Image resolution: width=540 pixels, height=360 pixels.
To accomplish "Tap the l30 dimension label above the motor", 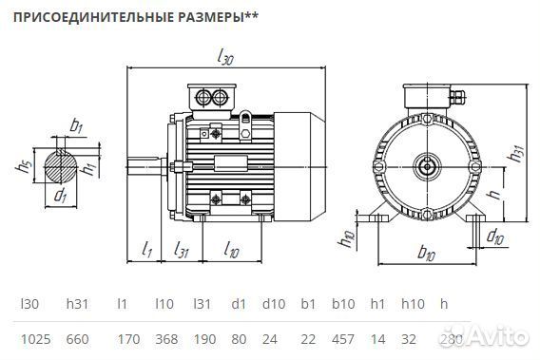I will click(x=225, y=58).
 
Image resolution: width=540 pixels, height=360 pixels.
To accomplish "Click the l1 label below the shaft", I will click(x=147, y=250).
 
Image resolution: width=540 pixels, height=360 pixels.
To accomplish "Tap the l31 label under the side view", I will click(x=182, y=250).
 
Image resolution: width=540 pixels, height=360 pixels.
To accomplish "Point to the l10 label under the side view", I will click(x=230, y=250).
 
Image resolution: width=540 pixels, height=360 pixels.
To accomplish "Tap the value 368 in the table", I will click(x=165, y=337).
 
